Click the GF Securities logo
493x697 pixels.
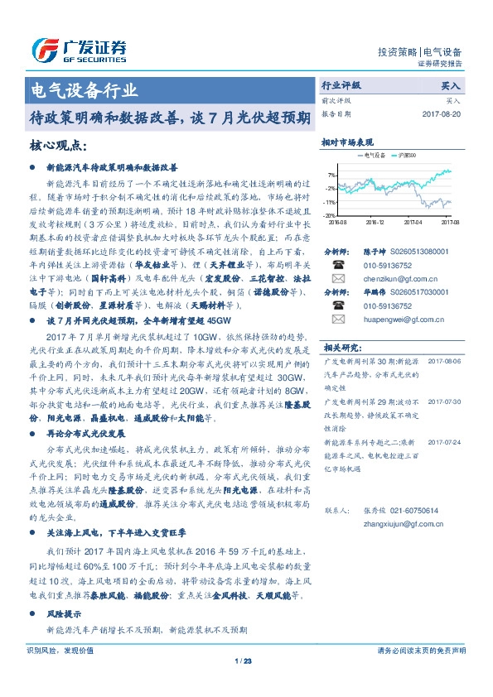tap(79, 50)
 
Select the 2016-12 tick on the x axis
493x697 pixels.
tap(375, 222)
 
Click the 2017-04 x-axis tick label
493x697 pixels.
tap(413, 222)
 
